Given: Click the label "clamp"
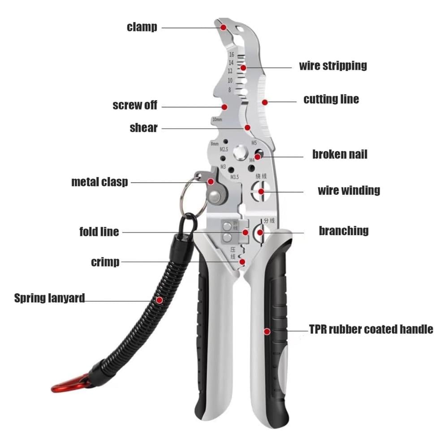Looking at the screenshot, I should point(142,27).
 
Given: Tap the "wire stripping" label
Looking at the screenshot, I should point(333,66).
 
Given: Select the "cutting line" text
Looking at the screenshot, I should point(331,99).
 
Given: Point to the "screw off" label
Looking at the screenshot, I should point(135,106).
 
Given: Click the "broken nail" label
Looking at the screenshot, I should point(340,155).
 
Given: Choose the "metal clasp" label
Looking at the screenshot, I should point(99,182).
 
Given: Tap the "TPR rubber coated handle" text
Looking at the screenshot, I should point(371,330).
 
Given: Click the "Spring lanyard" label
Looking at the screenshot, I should point(49,298).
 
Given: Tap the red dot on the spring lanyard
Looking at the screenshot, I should point(159,298).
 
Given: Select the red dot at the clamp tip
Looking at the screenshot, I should point(223,27).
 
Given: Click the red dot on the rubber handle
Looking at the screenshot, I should point(267,332).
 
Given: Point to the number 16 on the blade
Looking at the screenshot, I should point(231,55).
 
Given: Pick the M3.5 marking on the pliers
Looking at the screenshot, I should point(235,177).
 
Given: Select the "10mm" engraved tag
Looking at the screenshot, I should point(217,120).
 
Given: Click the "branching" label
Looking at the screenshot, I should point(344,231).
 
